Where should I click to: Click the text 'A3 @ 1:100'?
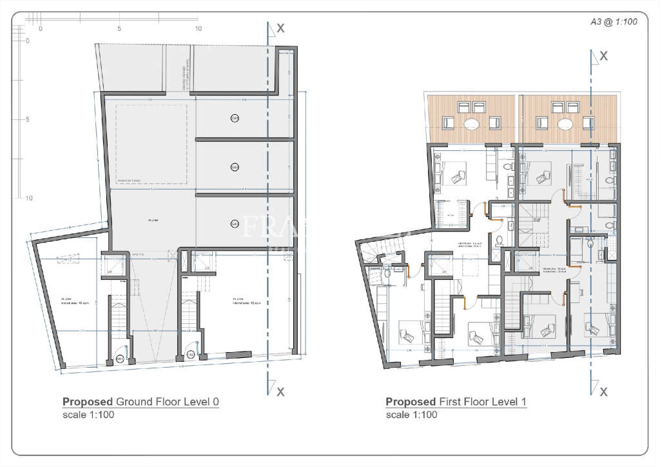[x=614, y=21]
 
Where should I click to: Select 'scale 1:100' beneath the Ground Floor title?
[x=88, y=415]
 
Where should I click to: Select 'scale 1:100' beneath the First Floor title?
[x=411, y=415]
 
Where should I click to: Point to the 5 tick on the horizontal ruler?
[x=119, y=28]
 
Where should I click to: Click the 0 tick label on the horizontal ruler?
[x=40, y=28]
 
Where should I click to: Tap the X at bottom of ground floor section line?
[x=280, y=391]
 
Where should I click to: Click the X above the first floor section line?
[x=603, y=56]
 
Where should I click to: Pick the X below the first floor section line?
[x=603, y=392]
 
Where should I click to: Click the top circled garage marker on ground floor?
[x=235, y=118]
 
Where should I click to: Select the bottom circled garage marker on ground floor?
[x=235, y=223]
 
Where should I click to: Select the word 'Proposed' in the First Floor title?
[x=411, y=402]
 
